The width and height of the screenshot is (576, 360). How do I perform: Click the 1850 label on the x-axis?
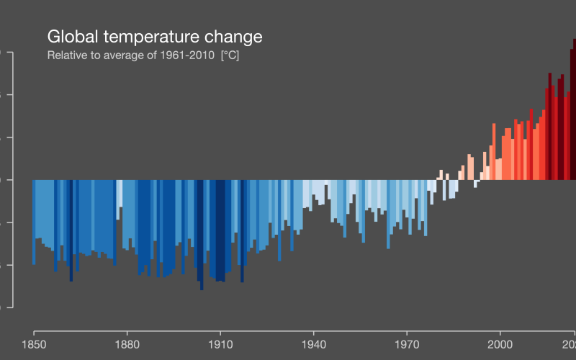pyautogui.click(x=34, y=344)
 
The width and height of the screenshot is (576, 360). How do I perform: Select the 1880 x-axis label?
pyautogui.click(x=127, y=344)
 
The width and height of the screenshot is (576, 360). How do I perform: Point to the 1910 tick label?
pyautogui.click(x=220, y=344)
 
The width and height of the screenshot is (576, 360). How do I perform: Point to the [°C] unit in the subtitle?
pyautogui.click(x=230, y=55)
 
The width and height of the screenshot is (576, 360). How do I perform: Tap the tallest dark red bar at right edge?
pyautogui.click(x=574, y=108)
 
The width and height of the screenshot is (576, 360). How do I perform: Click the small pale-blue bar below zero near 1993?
pyautogui.click(x=475, y=184)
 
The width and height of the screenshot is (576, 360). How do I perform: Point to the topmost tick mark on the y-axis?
pyautogui.click(x=9, y=53)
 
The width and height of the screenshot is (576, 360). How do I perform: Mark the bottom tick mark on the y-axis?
pyautogui.click(x=9, y=307)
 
